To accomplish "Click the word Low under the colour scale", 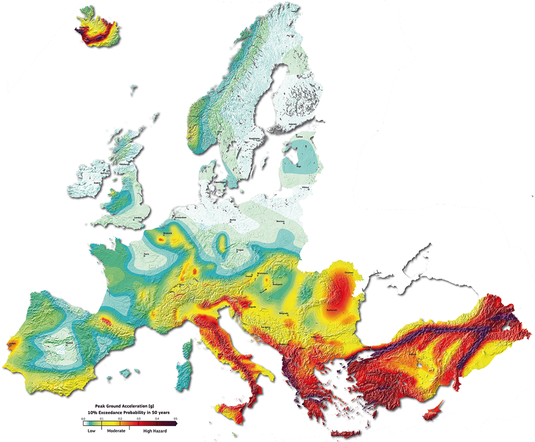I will [x=92, y=431].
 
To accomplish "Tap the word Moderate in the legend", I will [x=116, y=431].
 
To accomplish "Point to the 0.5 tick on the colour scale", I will [x=176, y=419].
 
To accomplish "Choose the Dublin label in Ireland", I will [x=99, y=184].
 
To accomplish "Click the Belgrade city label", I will [x=285, y=313].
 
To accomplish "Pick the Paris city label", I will [x=147, y=254].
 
